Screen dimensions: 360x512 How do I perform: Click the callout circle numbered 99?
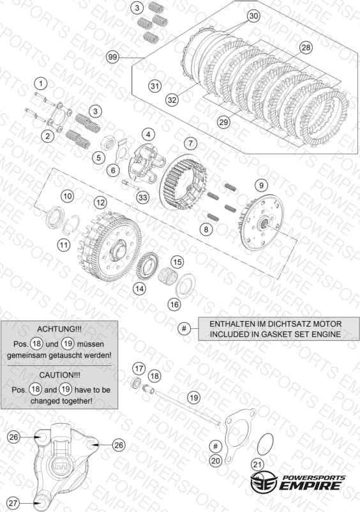[x=112, y=57]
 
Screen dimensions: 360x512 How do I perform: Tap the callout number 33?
[x=143, y=197]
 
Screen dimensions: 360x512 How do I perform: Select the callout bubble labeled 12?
[x=100, y=203]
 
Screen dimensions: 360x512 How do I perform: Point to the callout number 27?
[x=13, y=503]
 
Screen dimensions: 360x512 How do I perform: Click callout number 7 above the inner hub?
[x=191, y=143]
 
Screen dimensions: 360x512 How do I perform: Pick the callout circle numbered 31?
[x=154, y=86]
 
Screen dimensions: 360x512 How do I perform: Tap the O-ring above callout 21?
[x=265, y=444]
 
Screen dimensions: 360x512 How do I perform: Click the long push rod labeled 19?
[x=188, y=408]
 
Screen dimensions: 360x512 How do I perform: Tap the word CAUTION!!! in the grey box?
[x=59, y=375]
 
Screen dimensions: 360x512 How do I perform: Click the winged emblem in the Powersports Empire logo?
[x=264, y=483]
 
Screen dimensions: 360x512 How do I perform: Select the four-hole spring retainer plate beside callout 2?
[x=59, y=117]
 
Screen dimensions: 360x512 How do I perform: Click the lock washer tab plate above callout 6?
[x=123, y=149]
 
